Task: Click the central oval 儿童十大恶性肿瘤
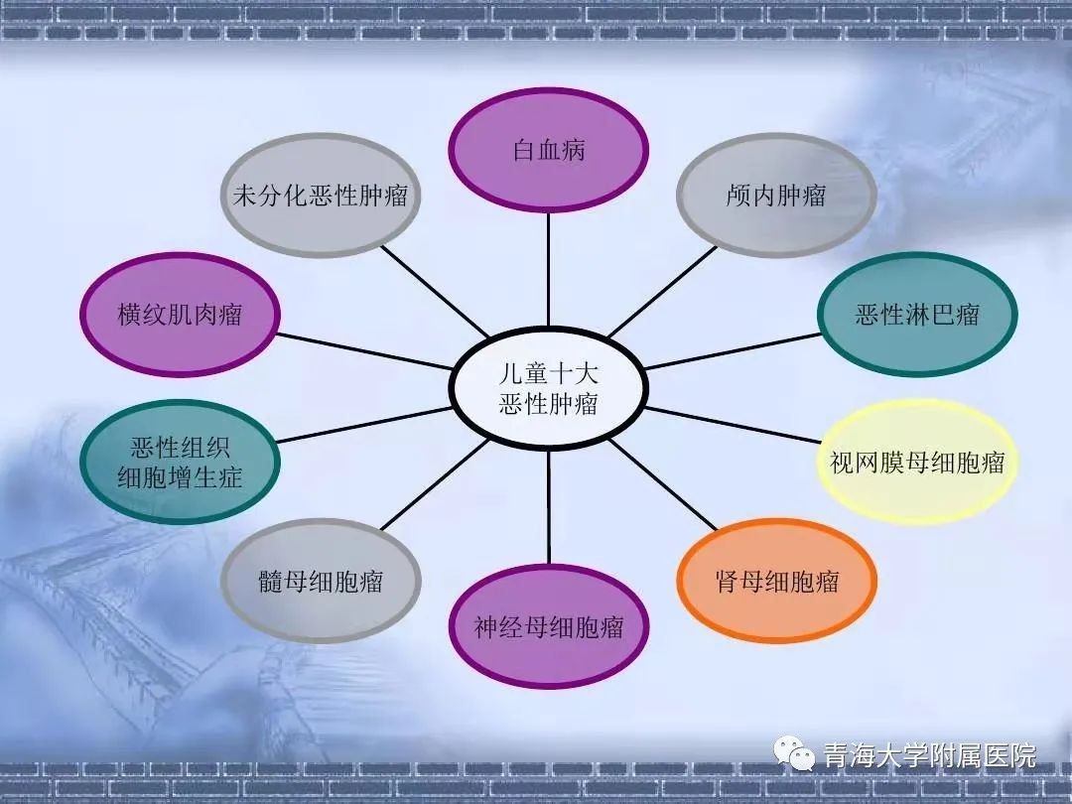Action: pos(548,388)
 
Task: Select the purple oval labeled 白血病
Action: pos(548,150)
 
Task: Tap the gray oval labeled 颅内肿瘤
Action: pos(776,196)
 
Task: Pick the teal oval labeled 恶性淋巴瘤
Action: pos(917,315)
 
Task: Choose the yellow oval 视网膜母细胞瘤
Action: pos(917,463)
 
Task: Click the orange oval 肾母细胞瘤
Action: pos(776,581)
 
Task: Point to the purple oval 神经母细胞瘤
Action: pos(548,626)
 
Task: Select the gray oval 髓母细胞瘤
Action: pos(320,581)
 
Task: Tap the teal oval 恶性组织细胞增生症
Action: pos(180,463)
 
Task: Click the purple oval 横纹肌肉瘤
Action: pos(180,315)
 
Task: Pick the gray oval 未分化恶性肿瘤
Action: pos(320,196)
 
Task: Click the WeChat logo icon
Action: pos(794,753)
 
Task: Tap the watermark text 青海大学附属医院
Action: pos(930,754)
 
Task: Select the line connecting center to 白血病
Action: pos(548,269)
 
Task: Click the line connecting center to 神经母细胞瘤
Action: pos(548,506)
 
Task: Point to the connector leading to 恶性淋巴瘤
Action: pos(733,351)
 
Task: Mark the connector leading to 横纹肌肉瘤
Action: pos(364,351)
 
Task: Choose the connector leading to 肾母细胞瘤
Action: pos(662,484)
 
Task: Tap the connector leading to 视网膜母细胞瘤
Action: pos(733,425)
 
